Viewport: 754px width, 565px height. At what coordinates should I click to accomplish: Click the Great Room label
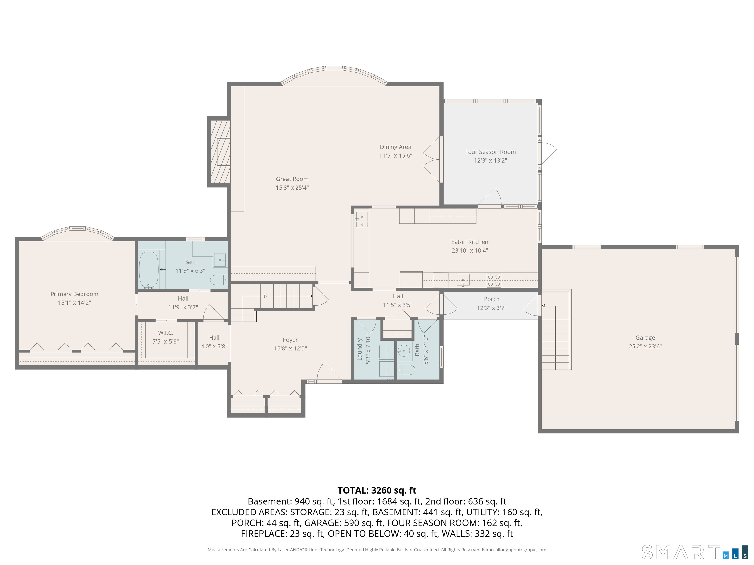292,179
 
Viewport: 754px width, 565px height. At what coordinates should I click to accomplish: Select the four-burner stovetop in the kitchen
494,280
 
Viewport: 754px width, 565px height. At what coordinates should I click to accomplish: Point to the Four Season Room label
490,152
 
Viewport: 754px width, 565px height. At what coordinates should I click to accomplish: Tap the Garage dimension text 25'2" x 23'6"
645,346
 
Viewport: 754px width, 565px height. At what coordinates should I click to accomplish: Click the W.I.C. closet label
165,333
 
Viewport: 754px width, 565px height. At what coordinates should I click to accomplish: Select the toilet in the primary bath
218,280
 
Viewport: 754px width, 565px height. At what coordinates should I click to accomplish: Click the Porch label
492,299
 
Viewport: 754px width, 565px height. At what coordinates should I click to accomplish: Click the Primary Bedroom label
74,294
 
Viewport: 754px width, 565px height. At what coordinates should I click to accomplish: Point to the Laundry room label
359,349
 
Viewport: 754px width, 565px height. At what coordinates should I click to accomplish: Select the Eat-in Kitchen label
470,242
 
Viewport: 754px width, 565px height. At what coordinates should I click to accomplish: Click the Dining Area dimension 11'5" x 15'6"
395,155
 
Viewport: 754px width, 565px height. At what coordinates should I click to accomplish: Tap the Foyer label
290,340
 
